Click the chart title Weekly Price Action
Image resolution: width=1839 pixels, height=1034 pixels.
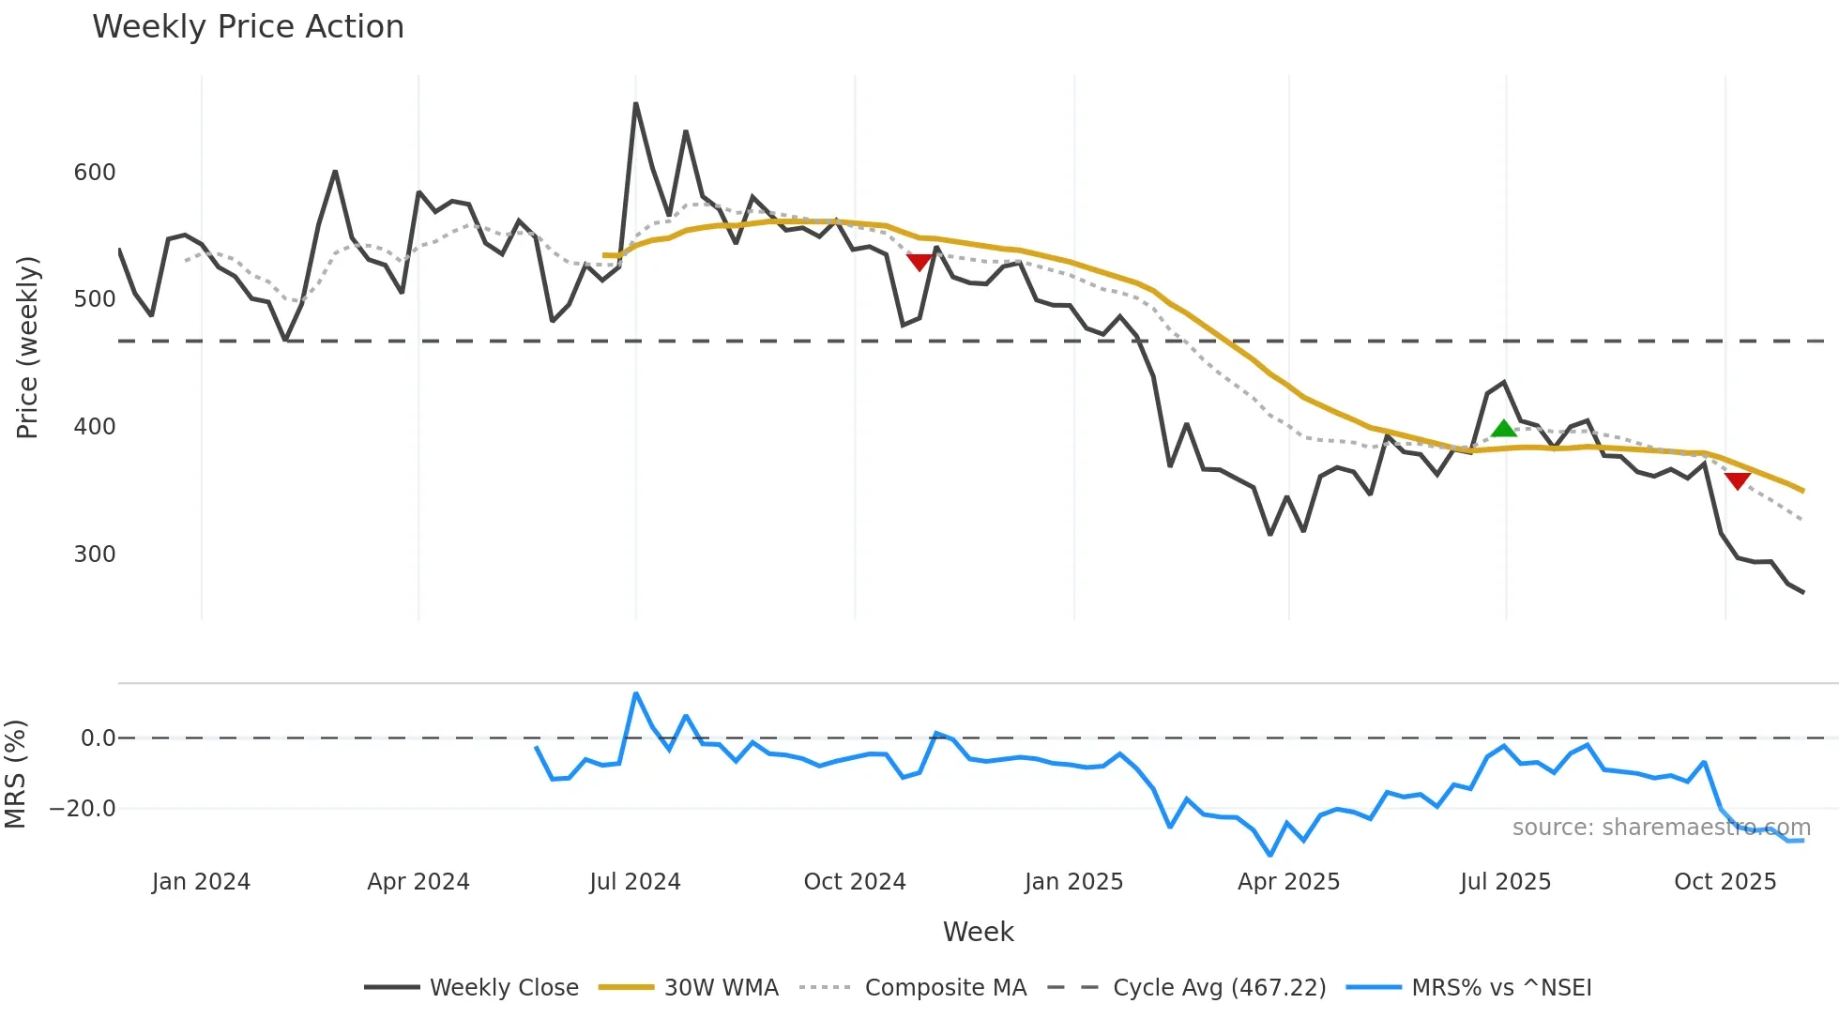point(248,27)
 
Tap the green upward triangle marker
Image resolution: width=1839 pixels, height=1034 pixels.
point(1504,429)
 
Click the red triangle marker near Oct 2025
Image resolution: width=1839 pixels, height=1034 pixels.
point(1737,480)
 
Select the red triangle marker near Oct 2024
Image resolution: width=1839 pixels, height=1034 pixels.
point(919,262)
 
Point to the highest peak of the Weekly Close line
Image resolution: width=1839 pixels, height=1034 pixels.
point(636,104)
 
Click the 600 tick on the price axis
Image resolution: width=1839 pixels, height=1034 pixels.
point(95,173)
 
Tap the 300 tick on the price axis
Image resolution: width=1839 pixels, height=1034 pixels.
point(95,555)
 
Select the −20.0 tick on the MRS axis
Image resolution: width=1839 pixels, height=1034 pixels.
point(83,809)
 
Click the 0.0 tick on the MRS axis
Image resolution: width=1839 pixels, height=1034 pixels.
point(98,738)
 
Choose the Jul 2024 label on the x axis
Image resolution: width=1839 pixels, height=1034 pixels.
point(635,882)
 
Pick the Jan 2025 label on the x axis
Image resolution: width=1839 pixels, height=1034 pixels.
point(1073,882)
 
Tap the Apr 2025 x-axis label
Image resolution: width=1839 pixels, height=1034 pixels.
point(1288,882)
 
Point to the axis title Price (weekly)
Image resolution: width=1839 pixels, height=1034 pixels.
point(28,347)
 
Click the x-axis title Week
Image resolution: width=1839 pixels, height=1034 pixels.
point(978,932)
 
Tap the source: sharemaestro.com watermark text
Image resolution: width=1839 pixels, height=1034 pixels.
point(1661,828)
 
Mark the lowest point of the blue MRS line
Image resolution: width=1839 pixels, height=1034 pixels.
point(1270,855)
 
